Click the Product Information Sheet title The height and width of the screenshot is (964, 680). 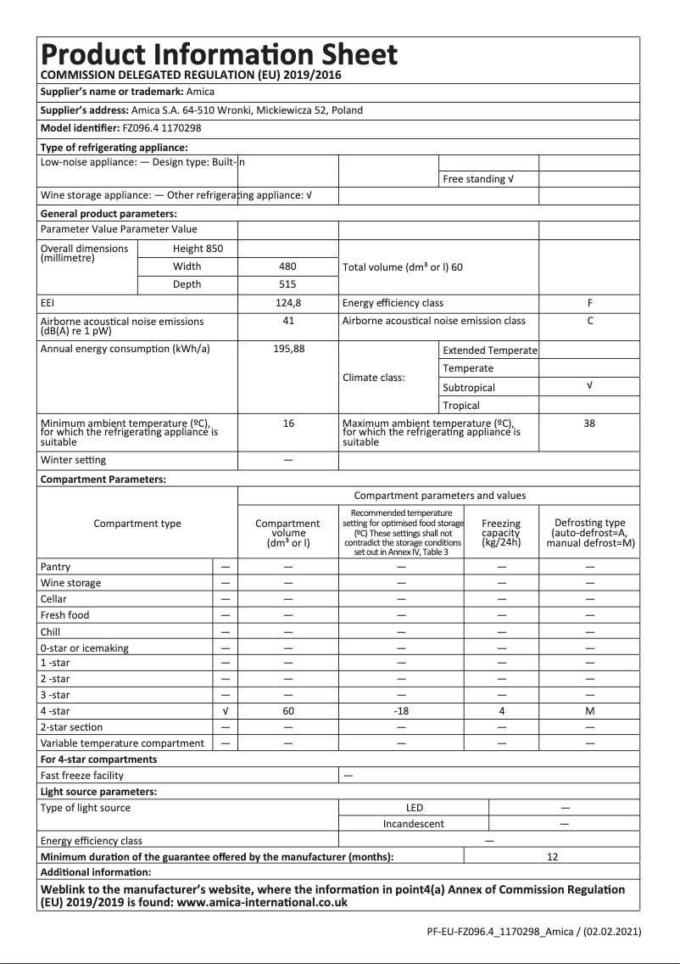[219, 54]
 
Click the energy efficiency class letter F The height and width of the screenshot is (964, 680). [589, 303]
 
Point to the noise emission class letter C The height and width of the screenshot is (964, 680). [589, 321]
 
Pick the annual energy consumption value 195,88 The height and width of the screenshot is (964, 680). [288, 349]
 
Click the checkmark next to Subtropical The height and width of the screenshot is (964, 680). [589, 386]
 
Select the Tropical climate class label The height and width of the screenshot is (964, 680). [461, 406]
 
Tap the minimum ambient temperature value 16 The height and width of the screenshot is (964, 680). [288, 423]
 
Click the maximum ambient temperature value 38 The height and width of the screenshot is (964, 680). [589, 423]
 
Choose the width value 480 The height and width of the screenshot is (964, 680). [288, 266]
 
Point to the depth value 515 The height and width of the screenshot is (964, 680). [288, 284]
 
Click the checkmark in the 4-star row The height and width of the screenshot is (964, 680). [225, 711]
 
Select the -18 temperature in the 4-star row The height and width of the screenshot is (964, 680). [402, 711]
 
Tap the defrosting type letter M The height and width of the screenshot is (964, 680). [589, 711]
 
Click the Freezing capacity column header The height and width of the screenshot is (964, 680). [501, 533]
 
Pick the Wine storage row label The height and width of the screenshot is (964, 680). [70, 583]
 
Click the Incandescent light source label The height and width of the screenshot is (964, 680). [413, 824]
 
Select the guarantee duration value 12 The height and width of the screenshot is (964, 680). [552, 857]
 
